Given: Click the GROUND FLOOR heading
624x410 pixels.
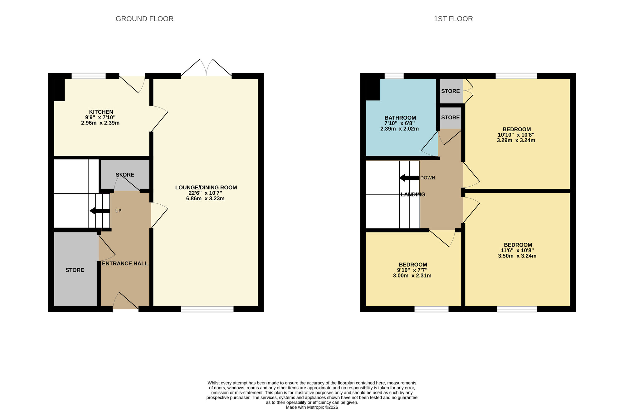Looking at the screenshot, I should pyautogui.click(x=144, y=19).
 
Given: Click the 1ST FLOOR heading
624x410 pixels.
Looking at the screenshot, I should pyautogui.click(x=453, y=19).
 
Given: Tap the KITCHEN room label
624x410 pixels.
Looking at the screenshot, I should pyautogui.click(x=101, y=112).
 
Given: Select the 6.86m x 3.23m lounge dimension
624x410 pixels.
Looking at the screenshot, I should pyautogui.click(x=205, y=198).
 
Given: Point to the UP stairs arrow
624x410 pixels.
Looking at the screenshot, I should pyautogui.click(x=100, y=211).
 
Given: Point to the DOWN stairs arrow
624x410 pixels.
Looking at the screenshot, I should pyautogui.click(x=409, y=178).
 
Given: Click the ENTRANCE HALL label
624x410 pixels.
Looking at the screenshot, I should pyautogui.click(x=125, y=263).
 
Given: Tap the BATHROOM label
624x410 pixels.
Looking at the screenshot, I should pyautogui.click(x=400, y=118).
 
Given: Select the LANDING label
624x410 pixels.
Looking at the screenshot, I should pyautogui.click(x=413, y=194).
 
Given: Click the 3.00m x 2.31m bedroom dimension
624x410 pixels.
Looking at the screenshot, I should pyautogui.click(x=412, y=276).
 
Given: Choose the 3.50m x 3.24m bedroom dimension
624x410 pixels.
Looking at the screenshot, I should pyautogui.click(x=517, y=256).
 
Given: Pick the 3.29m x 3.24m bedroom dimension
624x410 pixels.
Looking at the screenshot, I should pyautogui.click(x=516, y=140).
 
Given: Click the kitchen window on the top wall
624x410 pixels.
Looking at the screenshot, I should pyautogui.click(x=89, y=76).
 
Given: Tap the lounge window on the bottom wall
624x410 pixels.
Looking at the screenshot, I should pyautogui.click(x=207, y=309).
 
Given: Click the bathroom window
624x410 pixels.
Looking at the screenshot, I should pyautogui.click(x=394, y=76).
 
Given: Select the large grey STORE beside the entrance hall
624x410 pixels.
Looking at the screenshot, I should pyautogui.click(x=75, y=270).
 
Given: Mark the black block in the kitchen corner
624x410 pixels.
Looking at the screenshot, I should pyautogui.click(x=59, y=90).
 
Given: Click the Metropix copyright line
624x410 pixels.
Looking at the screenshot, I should pyautogui.click(x=312, y=407).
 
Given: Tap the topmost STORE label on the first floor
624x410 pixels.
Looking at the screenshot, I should pyautogui.click(x=450, y=91).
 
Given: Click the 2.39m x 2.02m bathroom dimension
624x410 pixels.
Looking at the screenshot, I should pyautogui.click(x=399, y=129).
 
